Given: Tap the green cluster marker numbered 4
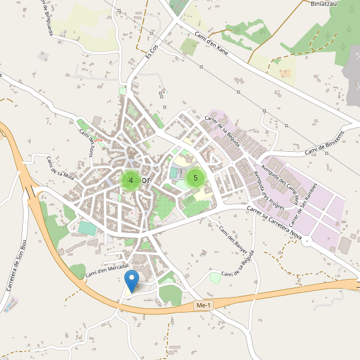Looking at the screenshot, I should point(131,180).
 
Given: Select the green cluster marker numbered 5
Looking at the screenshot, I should point(196,178).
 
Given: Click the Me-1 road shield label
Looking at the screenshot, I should point(204,306).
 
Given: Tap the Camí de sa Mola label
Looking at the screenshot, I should point(60,167).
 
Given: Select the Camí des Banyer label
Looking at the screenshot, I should point(233,239).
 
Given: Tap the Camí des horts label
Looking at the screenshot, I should point(88,142).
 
